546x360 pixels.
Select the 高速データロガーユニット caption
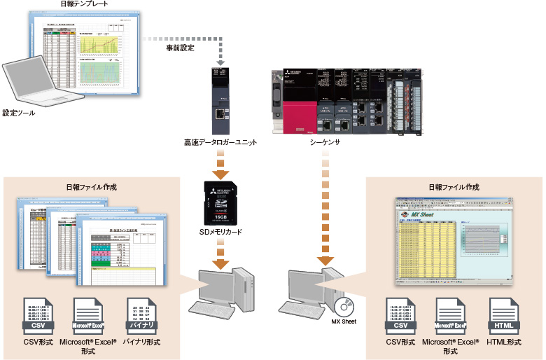(x=219, y=142)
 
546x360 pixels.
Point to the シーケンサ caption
(x=325, y=142)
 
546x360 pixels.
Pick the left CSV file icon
(x=38, y=316)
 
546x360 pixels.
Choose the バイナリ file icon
(x=142, y=316)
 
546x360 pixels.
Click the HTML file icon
(x=504, y=316)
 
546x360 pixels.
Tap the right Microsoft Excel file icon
(x=451, y=316)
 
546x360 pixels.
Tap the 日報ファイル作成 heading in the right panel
(x=454, y=187)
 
